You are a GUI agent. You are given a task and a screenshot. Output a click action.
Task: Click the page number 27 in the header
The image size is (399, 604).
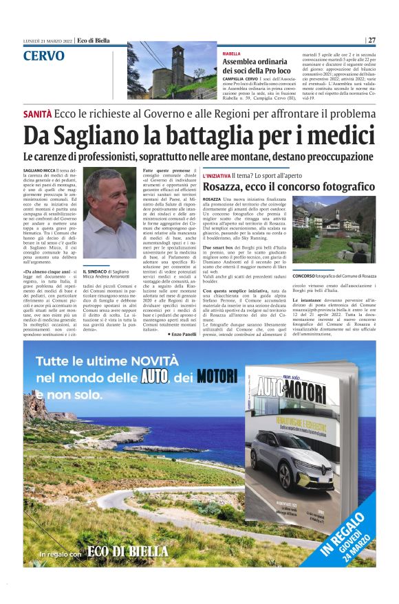[x=371, y=40]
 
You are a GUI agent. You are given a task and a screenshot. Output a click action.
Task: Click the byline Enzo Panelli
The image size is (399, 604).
[x=183, y=333]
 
